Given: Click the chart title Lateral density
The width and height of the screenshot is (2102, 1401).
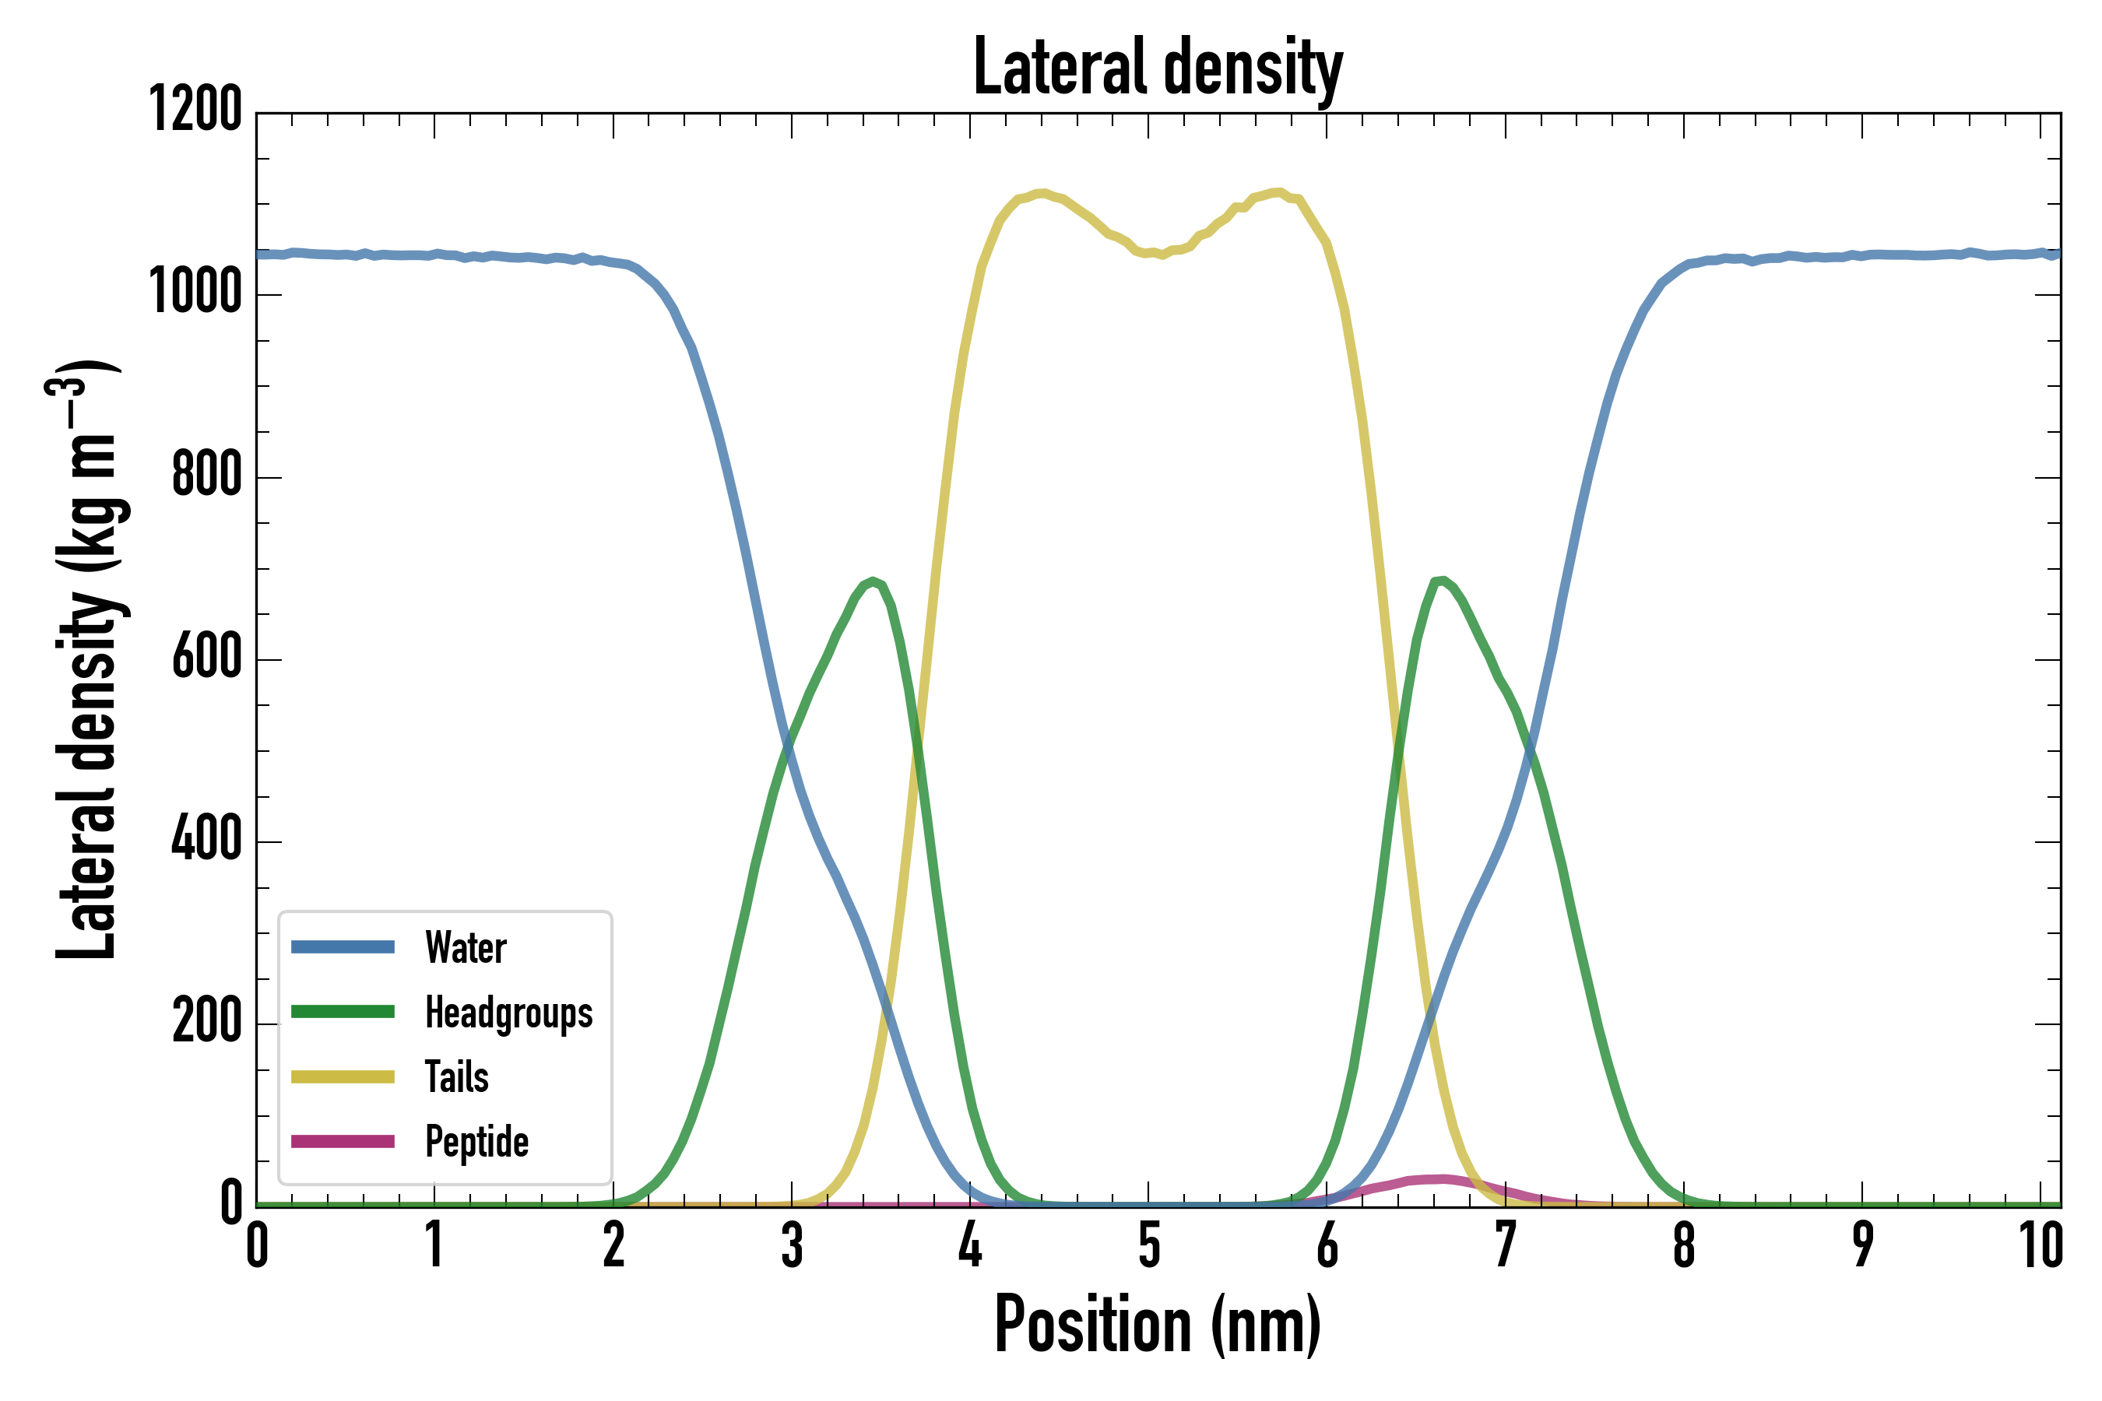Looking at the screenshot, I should tap(1158, 68).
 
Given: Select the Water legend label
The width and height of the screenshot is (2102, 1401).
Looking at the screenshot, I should tap(466, 948).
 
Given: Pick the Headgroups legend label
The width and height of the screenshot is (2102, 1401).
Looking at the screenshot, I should tap(508, 1013).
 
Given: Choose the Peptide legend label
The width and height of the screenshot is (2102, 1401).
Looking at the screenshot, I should tap(476, 1142).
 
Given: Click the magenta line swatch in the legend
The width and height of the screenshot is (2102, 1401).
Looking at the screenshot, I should tap(343, 1142).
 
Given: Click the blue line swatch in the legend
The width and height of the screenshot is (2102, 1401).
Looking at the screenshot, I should tap(343, 947).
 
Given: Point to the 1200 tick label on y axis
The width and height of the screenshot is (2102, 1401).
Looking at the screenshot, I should tap(195, 111).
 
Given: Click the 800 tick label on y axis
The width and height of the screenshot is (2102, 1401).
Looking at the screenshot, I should tap(206, 476).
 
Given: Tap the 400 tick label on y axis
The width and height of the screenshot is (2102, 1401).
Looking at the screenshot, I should tap(206, 840).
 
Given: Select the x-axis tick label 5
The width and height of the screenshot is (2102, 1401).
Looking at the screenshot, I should tap(1148, 1245).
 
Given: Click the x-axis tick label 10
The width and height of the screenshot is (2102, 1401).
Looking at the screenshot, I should tap(2041, 1245).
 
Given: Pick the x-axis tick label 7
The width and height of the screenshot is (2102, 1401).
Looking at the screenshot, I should tap(1505, 1245).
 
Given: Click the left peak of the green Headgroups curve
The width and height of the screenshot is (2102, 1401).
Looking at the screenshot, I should tap(872, 581).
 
